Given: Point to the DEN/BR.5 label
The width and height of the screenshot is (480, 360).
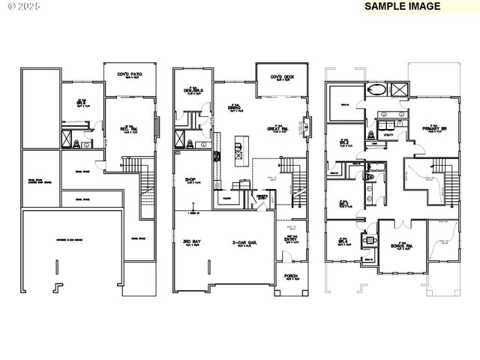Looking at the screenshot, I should click(x=194, y=92).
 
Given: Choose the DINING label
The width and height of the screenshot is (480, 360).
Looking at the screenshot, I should click(x=235, y=107).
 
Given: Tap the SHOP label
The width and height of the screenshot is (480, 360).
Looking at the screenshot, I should click(x=190, y=180).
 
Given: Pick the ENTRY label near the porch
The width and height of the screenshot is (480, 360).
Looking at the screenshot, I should click(x=290, y=239).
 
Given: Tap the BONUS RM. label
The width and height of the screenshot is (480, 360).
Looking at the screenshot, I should click(x=398, y=245).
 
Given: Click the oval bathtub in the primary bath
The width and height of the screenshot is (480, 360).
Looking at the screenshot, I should click(x=377, y=91).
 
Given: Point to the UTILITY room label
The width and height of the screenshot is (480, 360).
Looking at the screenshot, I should click(x=388, y=135).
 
